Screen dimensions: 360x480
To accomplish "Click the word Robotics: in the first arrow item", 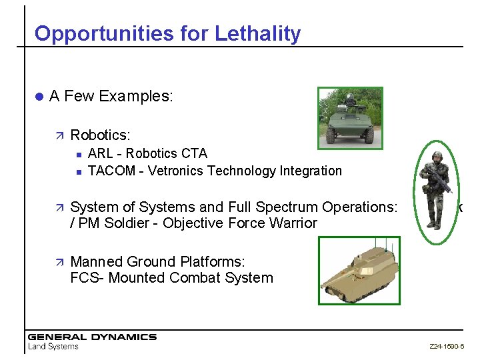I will pyautogui.click(x=100, y=135).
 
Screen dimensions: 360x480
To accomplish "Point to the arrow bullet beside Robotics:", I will pyautogui.click(x=59, y=136).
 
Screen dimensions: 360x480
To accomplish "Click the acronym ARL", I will pyautogui.click(x=101, y=153).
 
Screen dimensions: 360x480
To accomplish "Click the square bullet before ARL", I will pyautogui.click(x=78, y=154).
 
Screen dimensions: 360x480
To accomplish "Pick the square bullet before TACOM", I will pyautogui.click(x=78, y=171).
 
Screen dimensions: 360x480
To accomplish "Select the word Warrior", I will pyautogui.click(x=292, y=223).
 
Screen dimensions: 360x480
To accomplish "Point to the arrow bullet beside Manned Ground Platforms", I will pyautogui.click(x=59, y=262).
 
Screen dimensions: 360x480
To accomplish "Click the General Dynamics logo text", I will pyautogui.click(x=91, y=337).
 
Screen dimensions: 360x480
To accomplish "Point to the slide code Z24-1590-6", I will pyautogui.click(x=447, y=347).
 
